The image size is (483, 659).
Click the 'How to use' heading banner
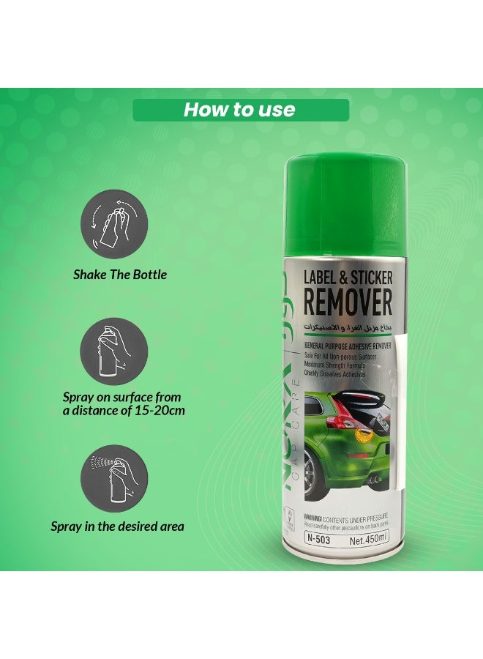point(240,111)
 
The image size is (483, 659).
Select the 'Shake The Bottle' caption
point(120,275)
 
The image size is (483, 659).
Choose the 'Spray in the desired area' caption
point(117,526)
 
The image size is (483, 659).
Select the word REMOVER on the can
point(348,303)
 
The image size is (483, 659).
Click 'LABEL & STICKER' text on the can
point(348,278)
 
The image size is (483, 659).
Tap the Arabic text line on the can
point(348,324)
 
